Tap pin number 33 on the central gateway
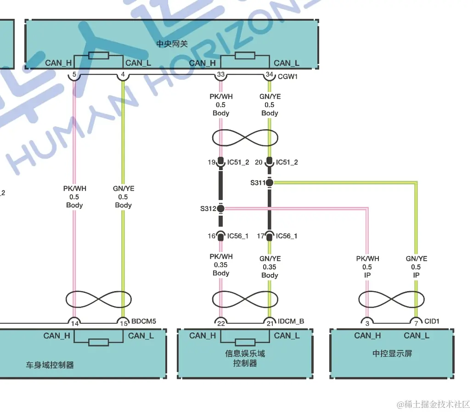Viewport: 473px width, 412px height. pos(221,74)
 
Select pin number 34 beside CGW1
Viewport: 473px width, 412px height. pos(270,74)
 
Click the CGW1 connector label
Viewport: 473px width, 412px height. pos(288,77)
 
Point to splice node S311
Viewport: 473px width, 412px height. pos(270,183)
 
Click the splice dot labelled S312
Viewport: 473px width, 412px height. pos(221,209)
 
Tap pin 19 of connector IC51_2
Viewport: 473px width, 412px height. pos(211,162)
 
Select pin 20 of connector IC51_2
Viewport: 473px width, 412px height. pos(259,162)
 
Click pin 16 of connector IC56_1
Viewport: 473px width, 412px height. pos(211,236)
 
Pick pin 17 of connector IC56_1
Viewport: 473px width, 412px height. pos(260,236)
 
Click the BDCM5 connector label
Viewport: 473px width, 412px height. pos(143,321)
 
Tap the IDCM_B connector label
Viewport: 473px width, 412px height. pos(291,321)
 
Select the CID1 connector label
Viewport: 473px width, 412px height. pos(432,321)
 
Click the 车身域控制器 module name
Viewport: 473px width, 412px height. pos(50,365)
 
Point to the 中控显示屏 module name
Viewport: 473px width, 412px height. pos(392,354)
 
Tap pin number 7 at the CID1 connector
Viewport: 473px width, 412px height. pos(416,323)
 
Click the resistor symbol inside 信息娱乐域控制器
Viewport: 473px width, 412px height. pos(245,342)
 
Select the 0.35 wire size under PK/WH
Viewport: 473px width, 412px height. pos(221,265)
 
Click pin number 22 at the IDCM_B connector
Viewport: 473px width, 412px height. pos(221,323)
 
